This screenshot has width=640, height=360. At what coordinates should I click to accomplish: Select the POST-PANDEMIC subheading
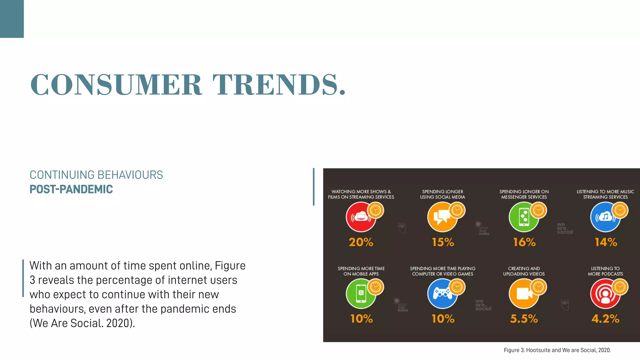tap(71, 189)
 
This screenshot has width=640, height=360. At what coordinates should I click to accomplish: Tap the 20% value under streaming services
tap(361, 242)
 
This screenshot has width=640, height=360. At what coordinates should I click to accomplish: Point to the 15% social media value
tap(443, 242)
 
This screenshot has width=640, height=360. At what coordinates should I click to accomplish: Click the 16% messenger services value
tap(524, 242)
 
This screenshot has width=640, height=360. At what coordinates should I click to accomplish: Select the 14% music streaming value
tap(606, 242)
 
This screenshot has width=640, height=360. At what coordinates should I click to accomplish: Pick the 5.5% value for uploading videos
tap(524, 319)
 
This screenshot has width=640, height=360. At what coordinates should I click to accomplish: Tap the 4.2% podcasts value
tap(605, 319)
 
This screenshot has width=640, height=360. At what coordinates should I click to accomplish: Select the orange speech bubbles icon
tap(442, 217)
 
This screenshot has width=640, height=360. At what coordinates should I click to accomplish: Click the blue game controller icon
tap(442, 294)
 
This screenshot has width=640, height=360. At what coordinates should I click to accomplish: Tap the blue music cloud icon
tap(605, 217)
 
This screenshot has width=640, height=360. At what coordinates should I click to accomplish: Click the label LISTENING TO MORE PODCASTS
tap(605, 271)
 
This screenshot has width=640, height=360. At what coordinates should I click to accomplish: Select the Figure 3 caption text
tap(557, 350)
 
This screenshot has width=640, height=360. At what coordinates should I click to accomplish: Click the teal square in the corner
tap(12, 19)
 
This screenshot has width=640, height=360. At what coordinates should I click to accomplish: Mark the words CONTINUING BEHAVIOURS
tap(96, 175)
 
